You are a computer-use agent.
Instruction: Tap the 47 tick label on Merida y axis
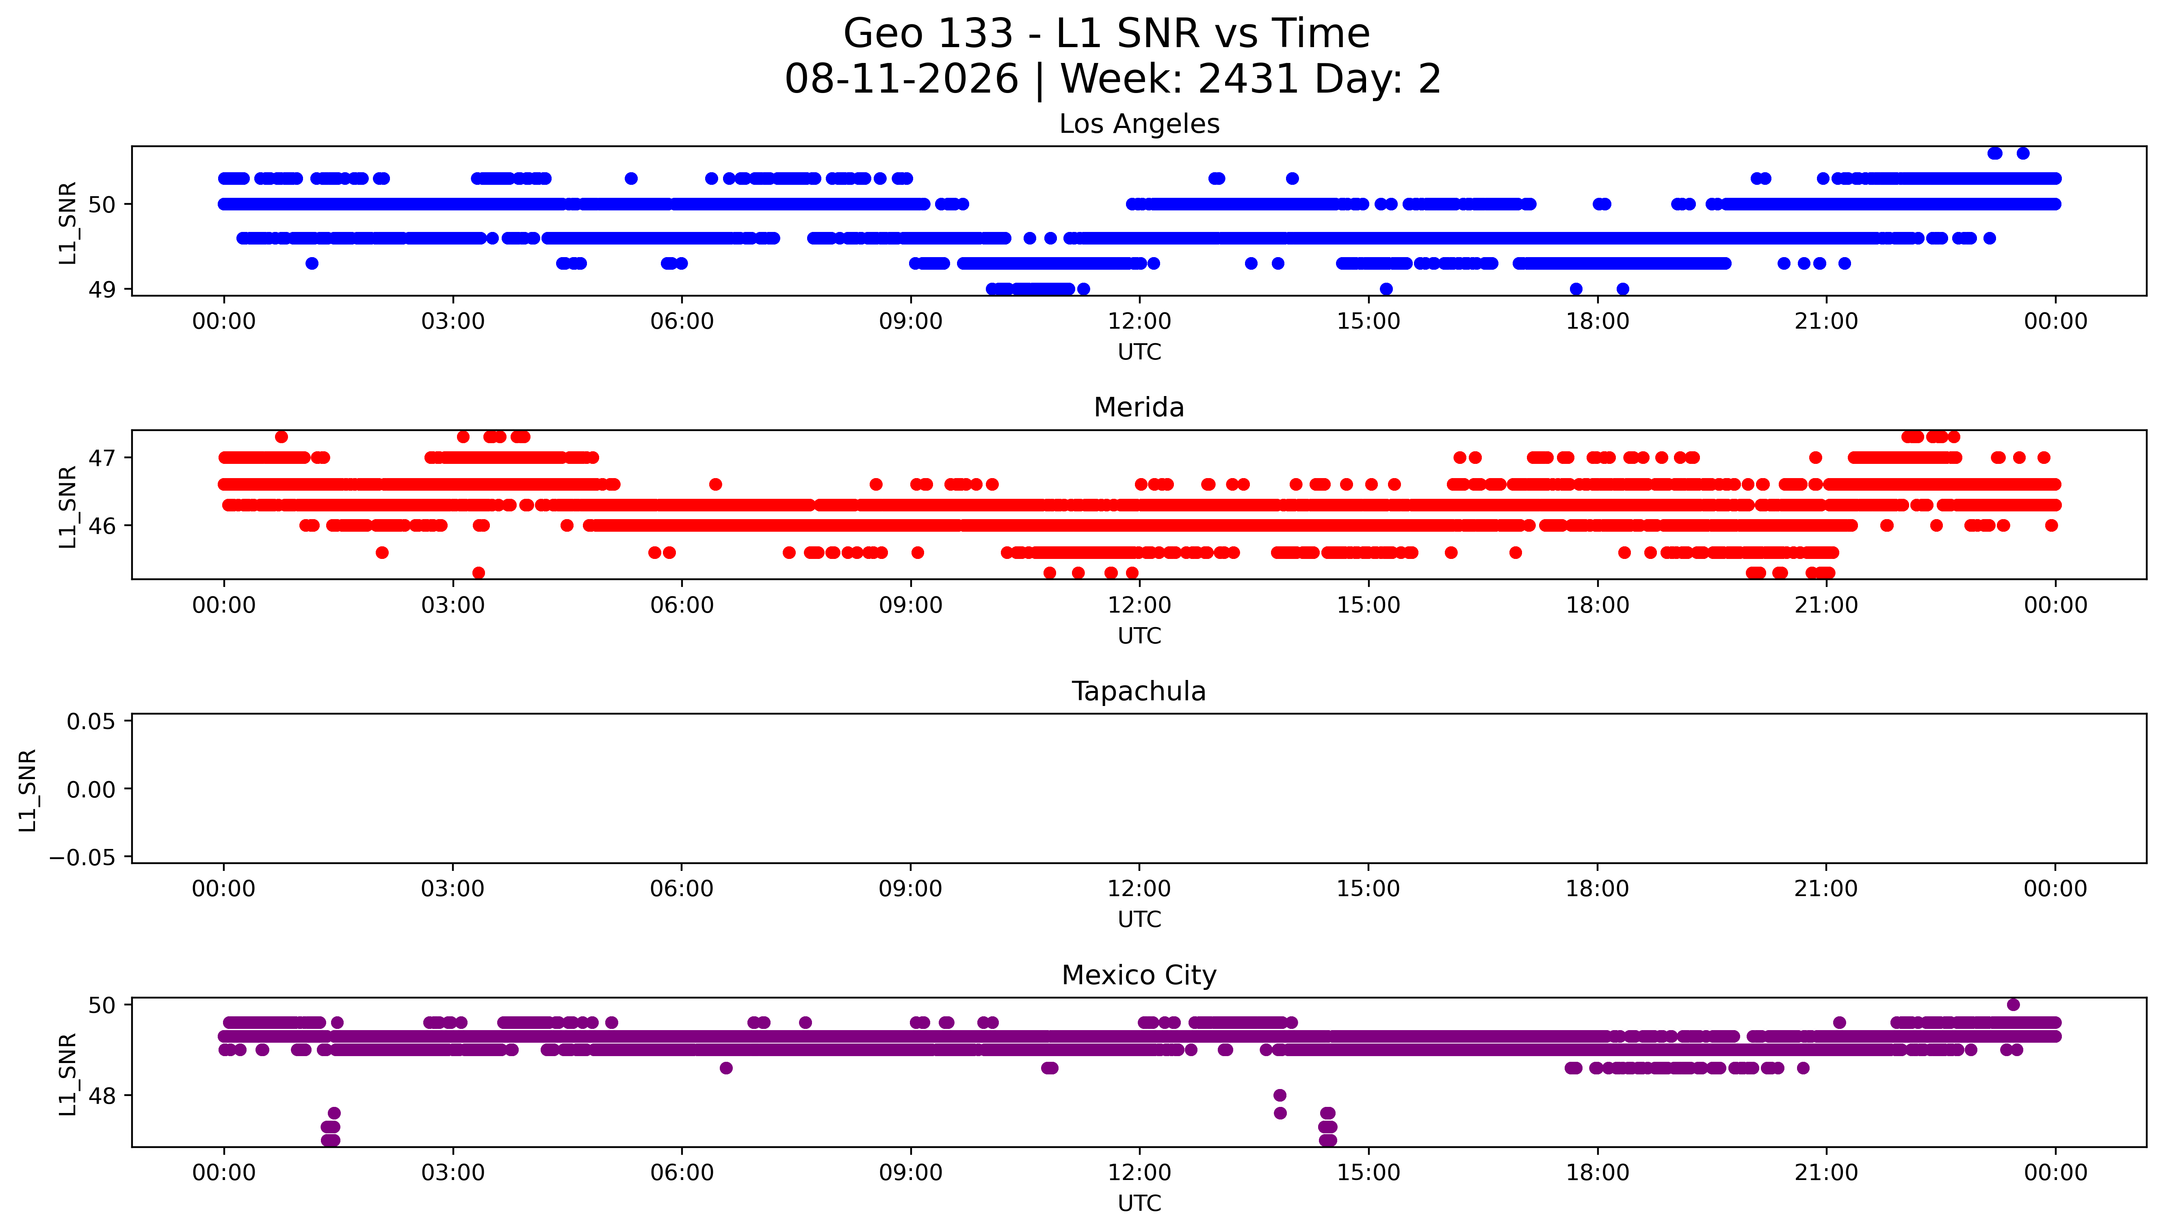pyautogui.click(x=102, y=458)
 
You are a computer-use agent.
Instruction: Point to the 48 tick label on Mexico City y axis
pyautogui.click(x=102, y=1096)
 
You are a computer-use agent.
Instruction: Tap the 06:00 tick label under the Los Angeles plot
pyautogui.click(x=682, y=322)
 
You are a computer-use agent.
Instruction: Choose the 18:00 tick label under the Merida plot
pyautogui.click(x=1597, y=605)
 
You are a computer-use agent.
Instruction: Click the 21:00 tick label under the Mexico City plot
pyautogui.click(x=1826, y=1173)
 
